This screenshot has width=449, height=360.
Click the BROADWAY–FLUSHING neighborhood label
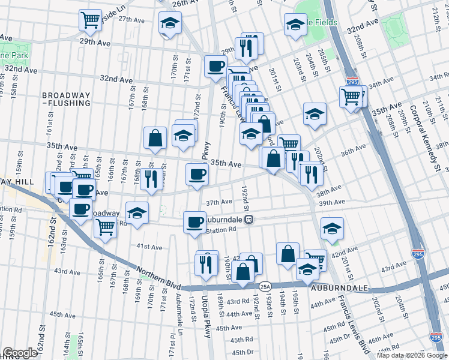point(66,100)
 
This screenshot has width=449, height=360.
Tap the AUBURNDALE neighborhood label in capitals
point(334,288)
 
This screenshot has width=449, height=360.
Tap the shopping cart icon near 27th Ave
point(90,20)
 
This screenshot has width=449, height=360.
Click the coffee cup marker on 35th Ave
point(197,175)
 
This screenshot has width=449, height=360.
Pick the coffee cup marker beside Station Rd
point(194,222)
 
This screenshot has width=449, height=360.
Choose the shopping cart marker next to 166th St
point(106,227)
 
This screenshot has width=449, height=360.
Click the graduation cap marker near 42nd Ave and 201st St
point(332,227)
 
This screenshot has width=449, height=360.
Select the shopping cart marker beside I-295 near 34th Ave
point(351,96)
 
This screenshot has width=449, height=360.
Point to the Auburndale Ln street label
point(178,311)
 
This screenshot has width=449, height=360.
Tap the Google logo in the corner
point(20,353)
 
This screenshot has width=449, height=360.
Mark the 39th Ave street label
point(331,204)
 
